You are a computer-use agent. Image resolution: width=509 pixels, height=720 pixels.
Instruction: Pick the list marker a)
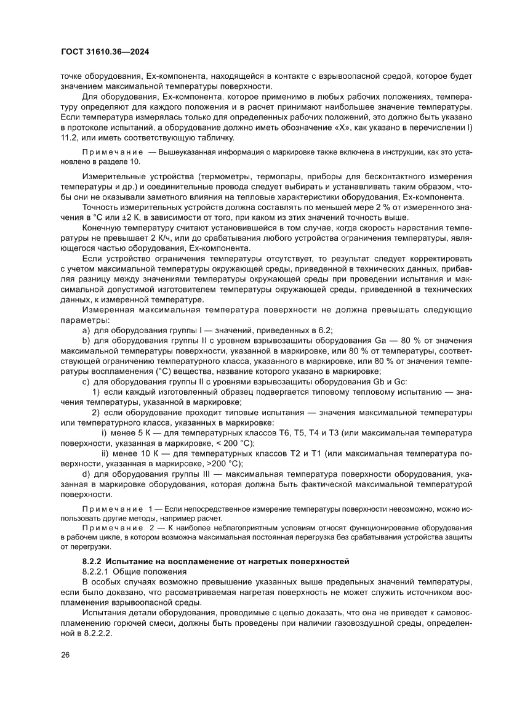pos(86,331)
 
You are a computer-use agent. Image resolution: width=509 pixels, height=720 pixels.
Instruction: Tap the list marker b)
pos(86,341)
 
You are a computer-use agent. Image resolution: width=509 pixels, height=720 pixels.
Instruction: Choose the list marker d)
pos(86,474)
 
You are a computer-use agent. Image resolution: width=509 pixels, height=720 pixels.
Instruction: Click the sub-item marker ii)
pos(105,454)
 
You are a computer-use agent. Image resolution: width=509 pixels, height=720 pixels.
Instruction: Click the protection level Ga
pos(382,341)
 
